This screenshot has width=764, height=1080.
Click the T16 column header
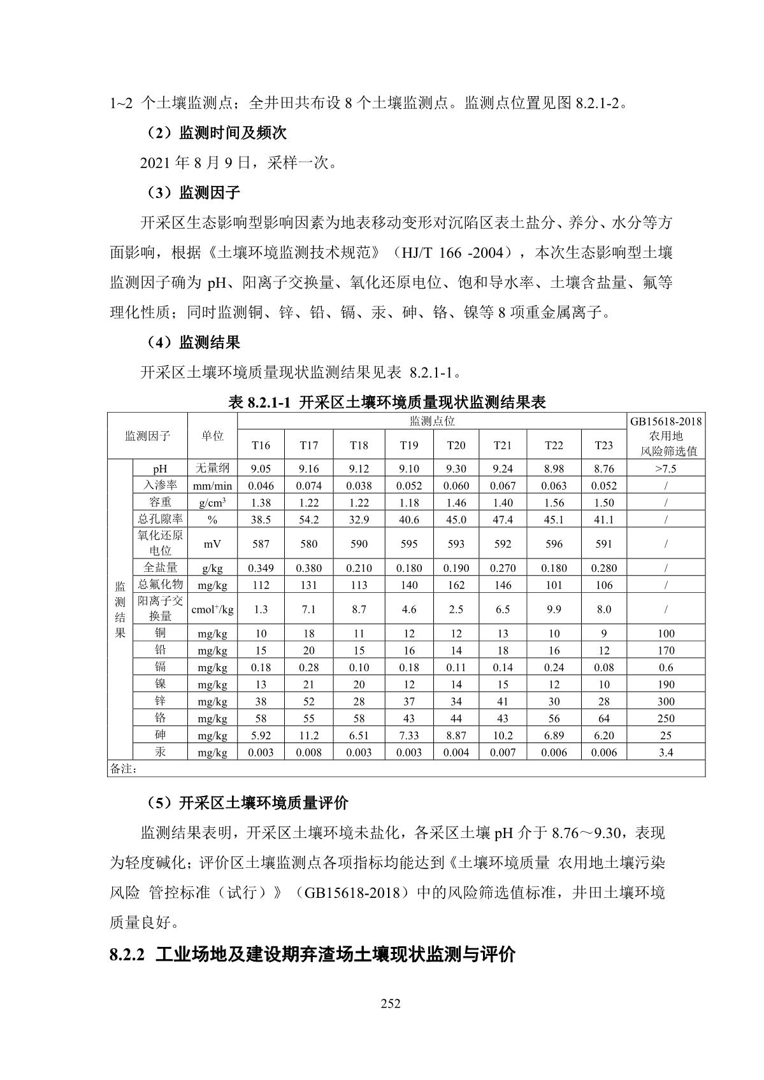(x=261, y=445)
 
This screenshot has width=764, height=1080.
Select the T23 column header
(x=603, y=445)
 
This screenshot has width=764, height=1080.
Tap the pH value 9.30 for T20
(x=456, y=469)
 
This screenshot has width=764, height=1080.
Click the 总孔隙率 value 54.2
(x=308, y=520)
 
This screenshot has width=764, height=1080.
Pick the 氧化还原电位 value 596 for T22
(x=554, y=544)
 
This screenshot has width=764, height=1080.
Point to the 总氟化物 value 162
(x=456, y=585)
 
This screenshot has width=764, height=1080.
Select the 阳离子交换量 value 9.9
(x=554, y=609)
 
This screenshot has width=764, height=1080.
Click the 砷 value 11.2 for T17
(x=308, y=735)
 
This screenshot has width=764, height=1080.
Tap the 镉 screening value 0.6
(x=666, y=667)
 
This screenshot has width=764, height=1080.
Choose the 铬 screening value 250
(x=666, y=718)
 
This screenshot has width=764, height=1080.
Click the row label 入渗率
(x=160, y=485)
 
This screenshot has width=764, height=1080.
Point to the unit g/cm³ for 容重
(x=212, y=502)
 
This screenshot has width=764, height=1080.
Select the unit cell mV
(x=212, y=544)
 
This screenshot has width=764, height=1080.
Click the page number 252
(x=390, y=1004)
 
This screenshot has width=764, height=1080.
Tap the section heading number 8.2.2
(x=128, y=955)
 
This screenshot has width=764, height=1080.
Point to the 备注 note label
(x=124, y=769)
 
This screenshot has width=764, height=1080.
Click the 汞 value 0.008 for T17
(x=308, y=753)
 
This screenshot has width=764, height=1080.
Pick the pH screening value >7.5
(x=666, y=469)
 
